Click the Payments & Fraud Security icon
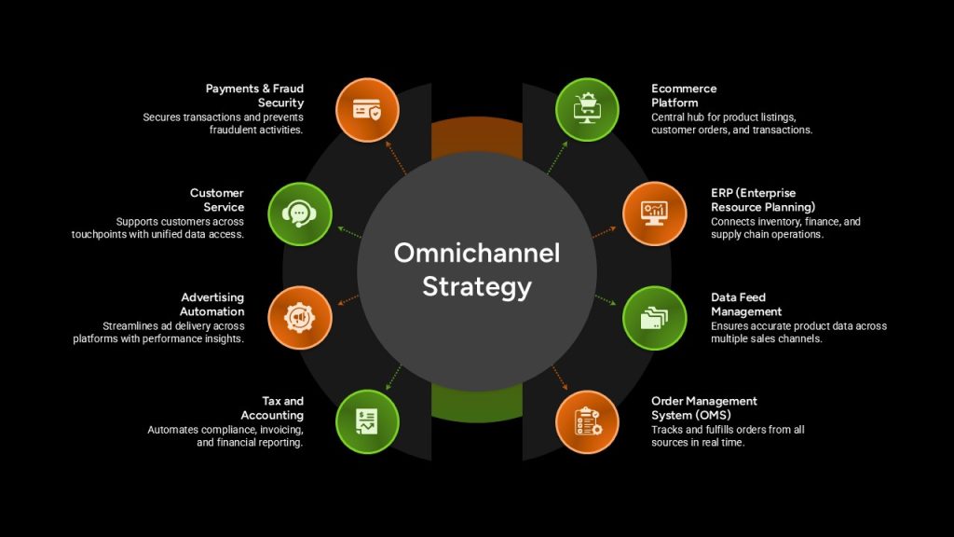click(367, 110)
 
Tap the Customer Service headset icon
click(299, 213)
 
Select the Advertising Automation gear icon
click(299, 318)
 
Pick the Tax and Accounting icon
click(367, 422)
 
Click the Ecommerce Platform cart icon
click(587, 110)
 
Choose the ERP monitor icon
click(655, 213)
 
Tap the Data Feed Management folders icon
click(655, 318)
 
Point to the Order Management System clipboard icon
click(587, 422)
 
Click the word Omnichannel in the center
click(477, 254)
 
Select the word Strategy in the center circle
click(477, 287)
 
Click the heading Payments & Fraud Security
click(255, 96)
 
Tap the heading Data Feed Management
click(746, 305)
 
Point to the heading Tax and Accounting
click(272, 408)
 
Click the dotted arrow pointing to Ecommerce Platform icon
click(557, 158)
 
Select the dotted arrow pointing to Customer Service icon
click(349, 232)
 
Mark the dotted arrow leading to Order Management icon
click(560, 379)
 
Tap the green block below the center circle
click(477, 403)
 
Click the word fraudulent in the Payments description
click(232, 130)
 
